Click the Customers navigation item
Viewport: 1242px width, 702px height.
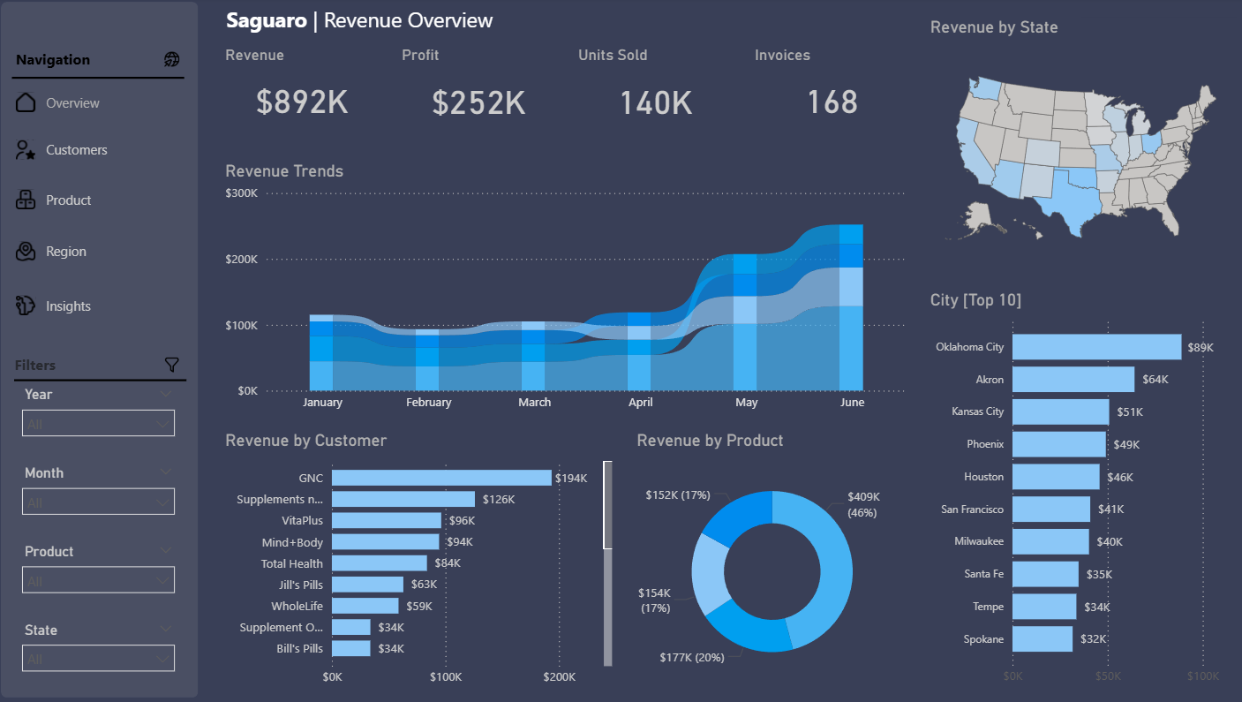pos(76,150)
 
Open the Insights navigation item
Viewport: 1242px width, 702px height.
pos(68,306)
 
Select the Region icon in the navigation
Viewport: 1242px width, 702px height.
pos(26,252)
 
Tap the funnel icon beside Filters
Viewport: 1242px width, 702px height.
pos(172,365)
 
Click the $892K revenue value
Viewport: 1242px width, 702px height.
pos(302,102)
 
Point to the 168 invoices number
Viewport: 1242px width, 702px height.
pos(832,102)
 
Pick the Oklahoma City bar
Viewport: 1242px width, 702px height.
pos(1096,347)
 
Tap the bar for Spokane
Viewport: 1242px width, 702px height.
pos(1043,639)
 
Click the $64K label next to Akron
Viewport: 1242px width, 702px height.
pos(1155,380)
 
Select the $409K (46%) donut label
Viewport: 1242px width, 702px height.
pos(864,504)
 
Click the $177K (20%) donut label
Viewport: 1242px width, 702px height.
pos(691,657)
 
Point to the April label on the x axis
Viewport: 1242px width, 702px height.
pos(640,403)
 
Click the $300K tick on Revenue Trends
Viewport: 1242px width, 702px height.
pos(241,193)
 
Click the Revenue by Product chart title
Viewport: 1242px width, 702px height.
pos(710,441)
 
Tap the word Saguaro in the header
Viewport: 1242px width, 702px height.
pos(266,20)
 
